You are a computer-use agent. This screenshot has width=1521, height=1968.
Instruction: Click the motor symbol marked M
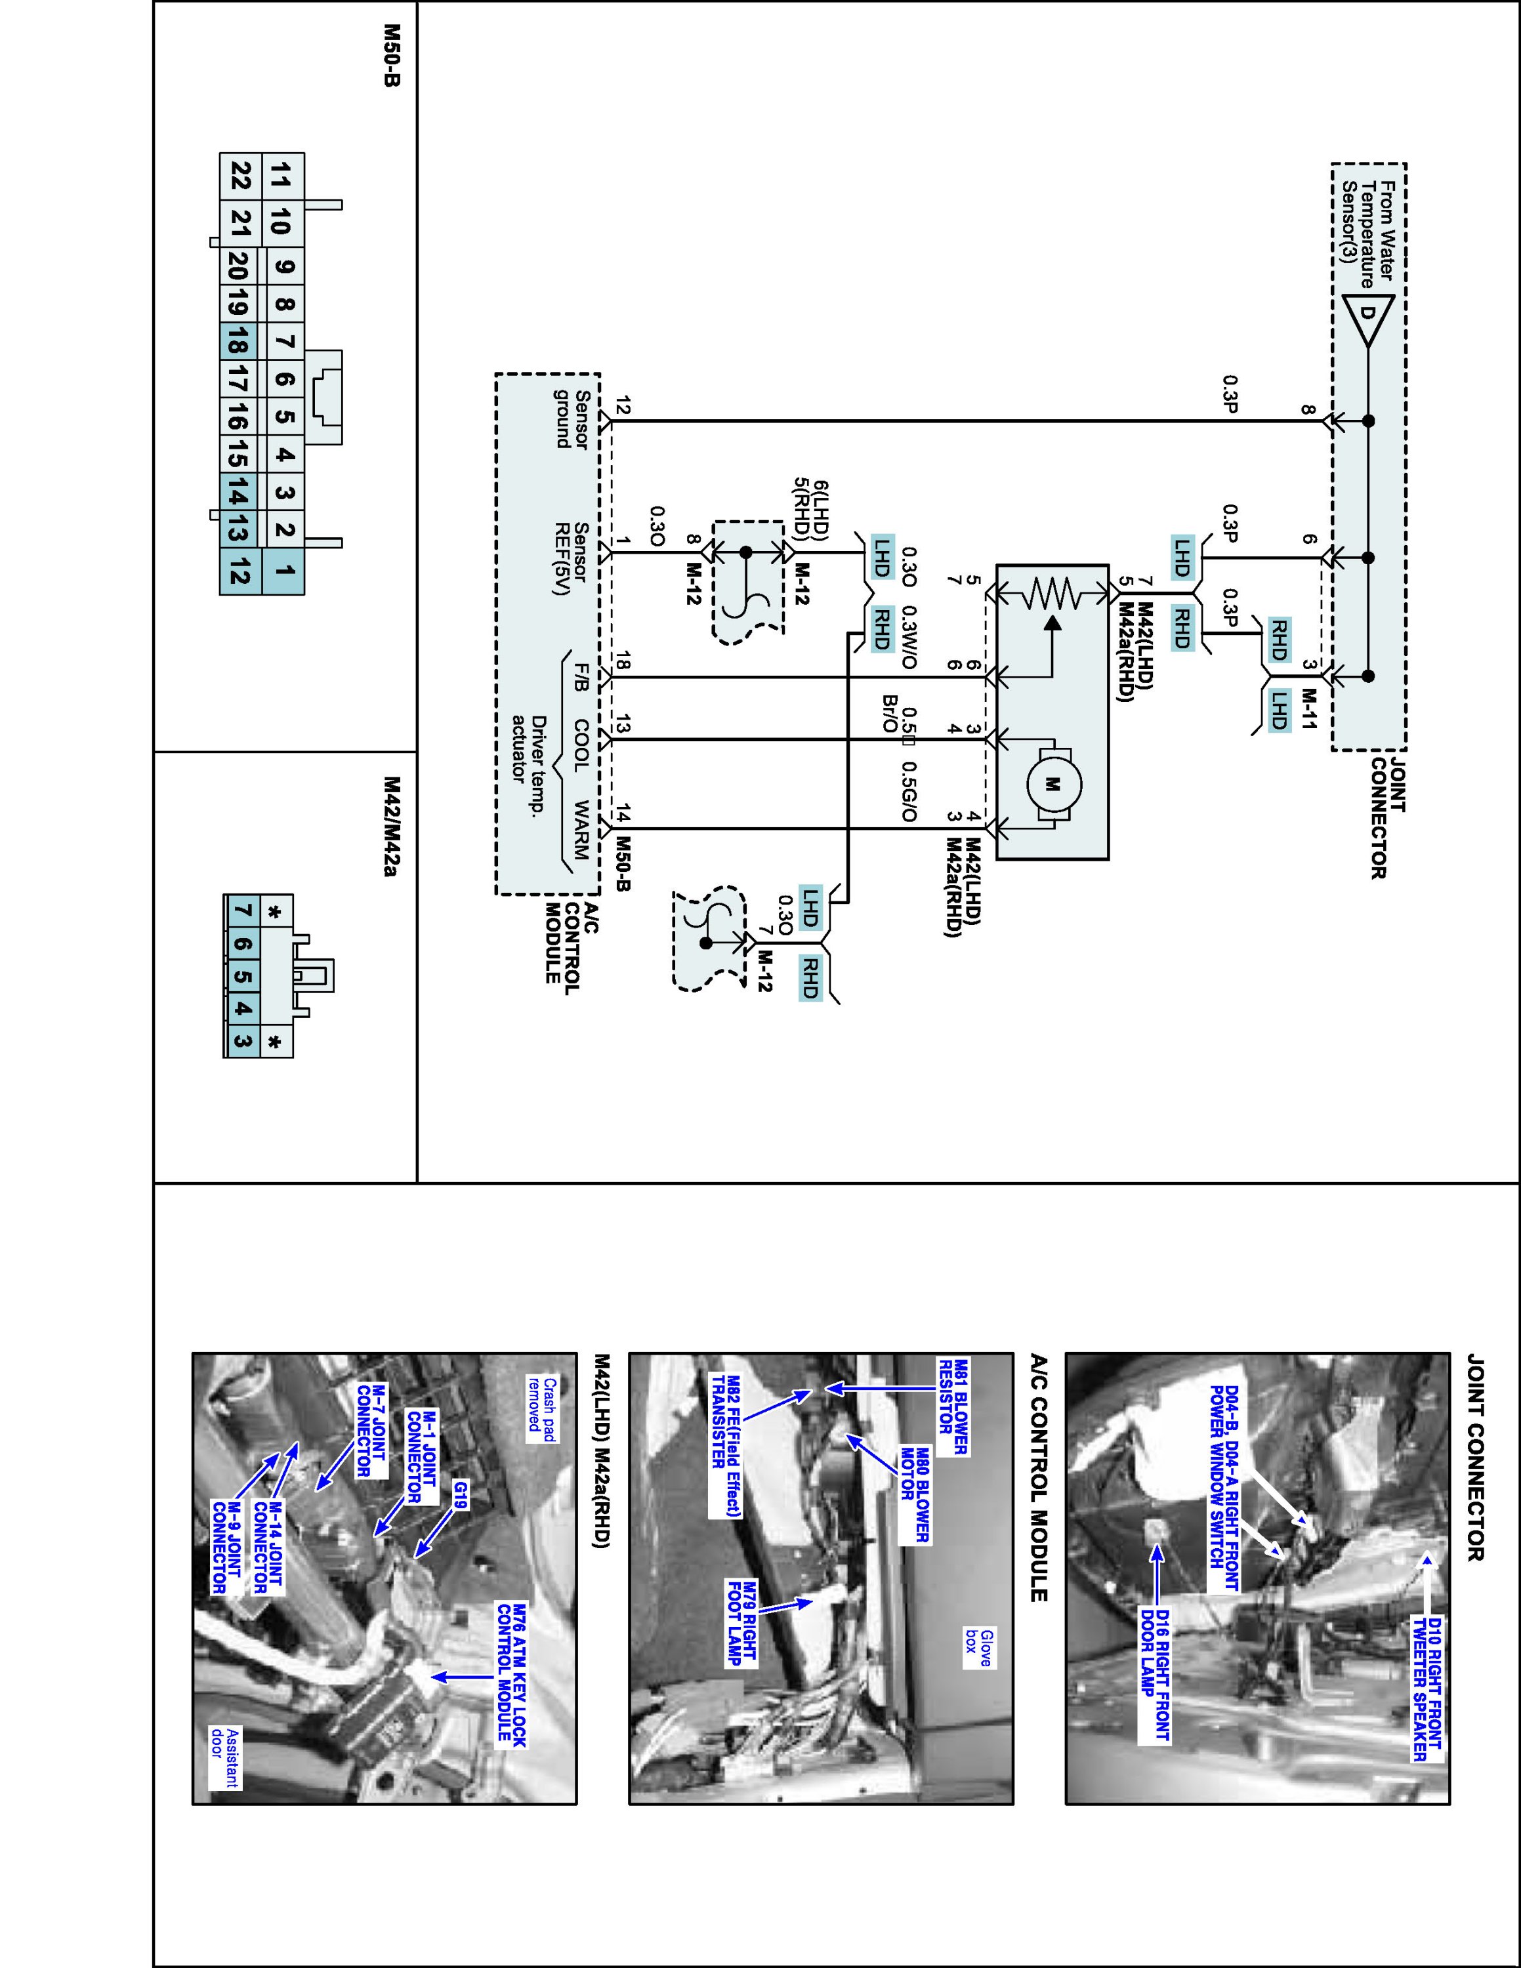1052,784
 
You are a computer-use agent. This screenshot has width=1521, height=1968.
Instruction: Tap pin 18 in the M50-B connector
238,342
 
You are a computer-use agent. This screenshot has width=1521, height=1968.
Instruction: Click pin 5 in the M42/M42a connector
241,977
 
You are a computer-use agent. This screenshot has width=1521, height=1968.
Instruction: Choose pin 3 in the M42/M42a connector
241,1042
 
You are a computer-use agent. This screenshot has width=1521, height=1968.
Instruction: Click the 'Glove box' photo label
978,1647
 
